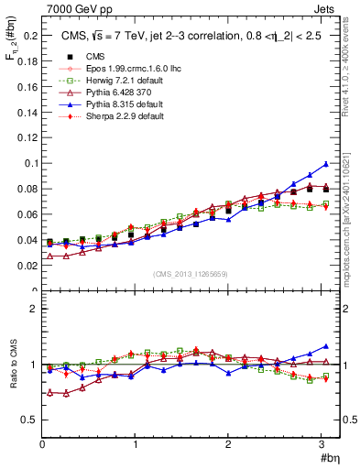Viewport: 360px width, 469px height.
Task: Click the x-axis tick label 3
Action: pos(321,444)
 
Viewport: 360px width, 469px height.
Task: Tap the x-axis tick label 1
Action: pos(136,444)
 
